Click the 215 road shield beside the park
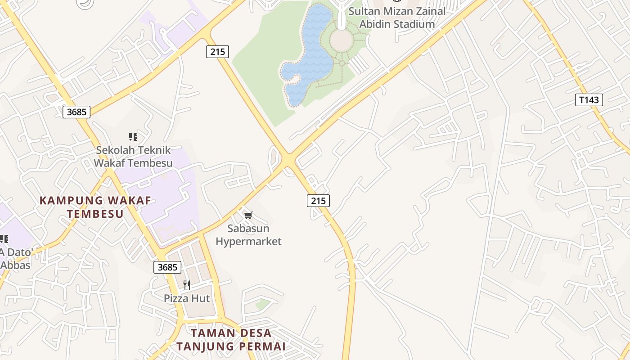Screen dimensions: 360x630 tap(217, 52)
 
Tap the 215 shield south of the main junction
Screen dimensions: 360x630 tap(318, 201)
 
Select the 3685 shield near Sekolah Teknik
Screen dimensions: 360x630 tap(76, 112)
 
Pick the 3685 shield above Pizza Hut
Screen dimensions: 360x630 tap(167, 267)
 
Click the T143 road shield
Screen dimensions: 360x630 tap(589, 100)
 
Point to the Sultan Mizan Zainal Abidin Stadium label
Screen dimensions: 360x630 tap(396, 18)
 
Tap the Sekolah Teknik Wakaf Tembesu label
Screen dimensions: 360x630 tap(133, 157)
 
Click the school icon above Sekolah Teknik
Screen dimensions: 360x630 tap(133, 136)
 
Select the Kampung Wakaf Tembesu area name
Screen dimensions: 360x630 tap(95, 207)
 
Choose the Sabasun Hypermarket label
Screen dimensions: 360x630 tap(248, 235)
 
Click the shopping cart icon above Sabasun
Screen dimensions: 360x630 tap(248, 215)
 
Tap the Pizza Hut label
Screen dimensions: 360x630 tap(187, 298)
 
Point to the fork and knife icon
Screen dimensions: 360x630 tap(187, 285)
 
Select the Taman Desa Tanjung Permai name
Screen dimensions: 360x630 tap(231, 340)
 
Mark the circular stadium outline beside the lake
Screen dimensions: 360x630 tap(342, 40)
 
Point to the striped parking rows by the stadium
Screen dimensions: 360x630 tap(359, 64)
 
